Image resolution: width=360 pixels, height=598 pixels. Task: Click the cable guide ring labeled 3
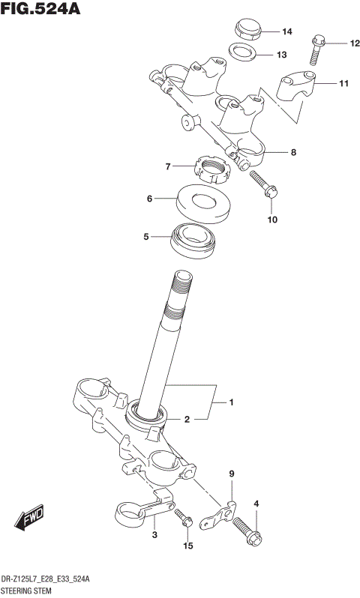[139, 515]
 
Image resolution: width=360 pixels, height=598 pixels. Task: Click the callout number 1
[232, 403]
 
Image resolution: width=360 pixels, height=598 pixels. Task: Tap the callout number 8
[293, 152]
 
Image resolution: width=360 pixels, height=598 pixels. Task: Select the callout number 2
[187, 420]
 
